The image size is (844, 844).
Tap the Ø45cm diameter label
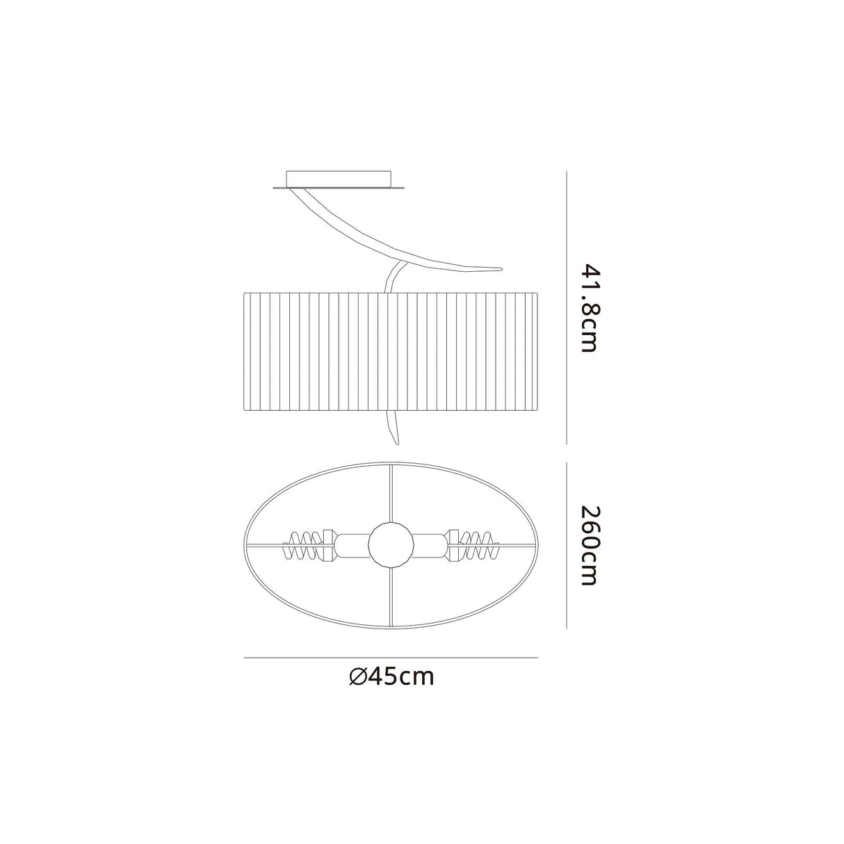tap(391, 676)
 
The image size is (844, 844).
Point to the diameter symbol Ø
tap(358, 676)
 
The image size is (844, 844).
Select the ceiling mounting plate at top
tap(338, 178)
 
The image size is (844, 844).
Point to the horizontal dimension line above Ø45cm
tap(391, 657)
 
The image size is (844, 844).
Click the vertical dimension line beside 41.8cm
tap(567, 307)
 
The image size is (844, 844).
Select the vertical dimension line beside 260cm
tap(567, 546)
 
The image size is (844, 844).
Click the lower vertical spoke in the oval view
tap(391, 598)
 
